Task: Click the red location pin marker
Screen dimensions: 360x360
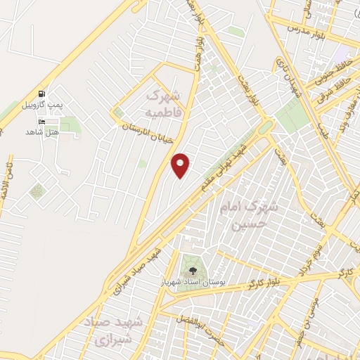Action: tap(181, 165)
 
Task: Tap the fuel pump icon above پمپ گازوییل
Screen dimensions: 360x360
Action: tap(42, 94)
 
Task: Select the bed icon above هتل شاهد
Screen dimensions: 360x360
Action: tap(42, 122)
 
